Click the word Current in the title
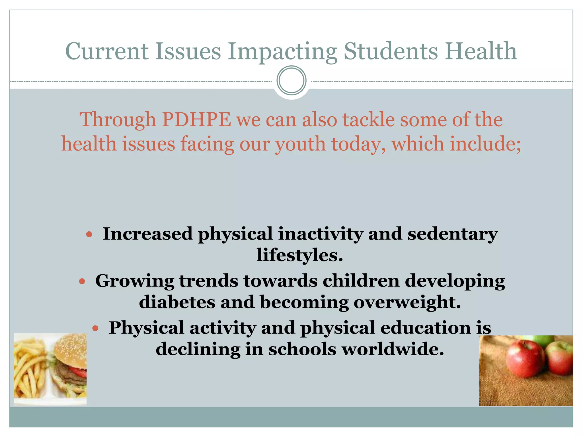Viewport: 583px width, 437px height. pos(107,51)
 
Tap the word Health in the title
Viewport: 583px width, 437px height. pos(481,51)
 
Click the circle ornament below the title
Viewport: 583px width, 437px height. pos(291,81)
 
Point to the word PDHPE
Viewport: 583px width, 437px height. pos(196,119)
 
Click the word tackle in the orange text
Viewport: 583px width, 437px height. pos(368,119)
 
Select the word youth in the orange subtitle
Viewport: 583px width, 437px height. pos(300,144)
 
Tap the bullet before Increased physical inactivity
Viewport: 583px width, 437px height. pos(89,234)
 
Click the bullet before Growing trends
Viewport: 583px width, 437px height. pos(82,282)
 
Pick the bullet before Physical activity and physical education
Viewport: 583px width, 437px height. pos(96,329)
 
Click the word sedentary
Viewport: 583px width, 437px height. pos(453,234)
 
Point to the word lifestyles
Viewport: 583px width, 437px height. pos(299,255)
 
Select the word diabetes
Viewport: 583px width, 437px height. pos(177,302)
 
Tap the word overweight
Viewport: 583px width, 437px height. pos(407,302)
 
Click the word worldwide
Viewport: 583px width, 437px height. pos(393,349)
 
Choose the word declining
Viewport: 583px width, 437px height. pos(198,350)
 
